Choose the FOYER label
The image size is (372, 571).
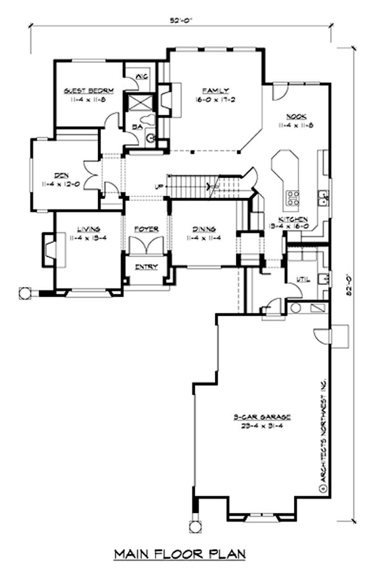click(x=146, y=229)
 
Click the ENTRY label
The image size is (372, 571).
click(x=146, y=267)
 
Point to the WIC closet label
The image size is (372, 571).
click(x=141, y=77)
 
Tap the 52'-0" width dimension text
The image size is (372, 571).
click(x=181, y=20)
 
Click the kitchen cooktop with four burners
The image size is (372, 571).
click(x=293, y=198)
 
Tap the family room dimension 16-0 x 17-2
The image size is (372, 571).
click(x=214, y=99)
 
